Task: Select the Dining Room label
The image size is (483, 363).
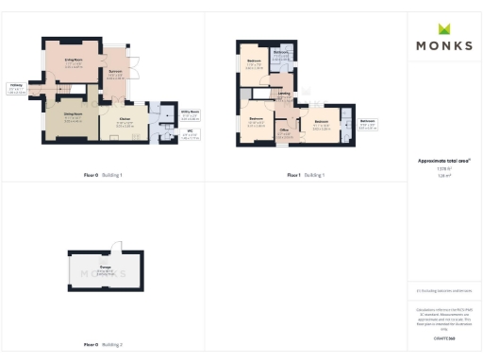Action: click(73, 117)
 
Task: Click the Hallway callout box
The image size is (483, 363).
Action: click(16, 91)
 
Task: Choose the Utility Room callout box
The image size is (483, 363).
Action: click(190, 115)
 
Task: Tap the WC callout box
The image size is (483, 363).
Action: click(190, 135)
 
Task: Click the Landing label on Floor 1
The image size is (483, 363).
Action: click(284, 94)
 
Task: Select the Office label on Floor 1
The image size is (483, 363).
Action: click(283, 134)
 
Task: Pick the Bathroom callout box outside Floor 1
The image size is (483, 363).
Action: click(369, 125)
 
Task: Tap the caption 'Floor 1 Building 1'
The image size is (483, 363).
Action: click(306, 176)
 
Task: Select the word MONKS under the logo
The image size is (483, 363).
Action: click(443, 44)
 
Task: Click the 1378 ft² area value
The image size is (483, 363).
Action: click(443, 169)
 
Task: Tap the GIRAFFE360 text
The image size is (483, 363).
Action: click(443, 337)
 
